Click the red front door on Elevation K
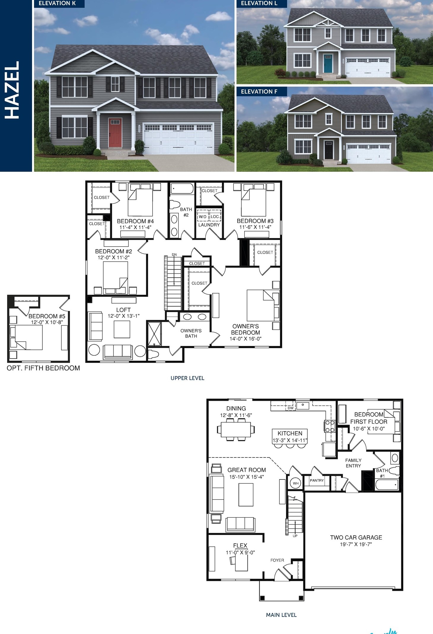pos(115,133)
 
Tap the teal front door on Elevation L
pos(328,63)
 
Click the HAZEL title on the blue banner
pos(12,90)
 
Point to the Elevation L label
pos(259,3)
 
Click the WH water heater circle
pos(295,483)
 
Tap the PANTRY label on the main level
pos(317,480)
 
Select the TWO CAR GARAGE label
pos(356,538)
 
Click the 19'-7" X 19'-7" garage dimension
pos(356,544)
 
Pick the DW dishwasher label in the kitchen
pos(290,408)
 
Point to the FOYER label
pos(277,560)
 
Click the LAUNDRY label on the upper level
pos(209,225)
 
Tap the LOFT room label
pos(123,310)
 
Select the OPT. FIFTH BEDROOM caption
pos(43,368)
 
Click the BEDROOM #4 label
pos(135,221)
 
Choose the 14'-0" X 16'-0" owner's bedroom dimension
pos(245,339)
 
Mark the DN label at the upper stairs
pos(174,255)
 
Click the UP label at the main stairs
pos(295,536)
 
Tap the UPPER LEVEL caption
pos(187,378)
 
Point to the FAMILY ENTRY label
pos(353,463)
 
